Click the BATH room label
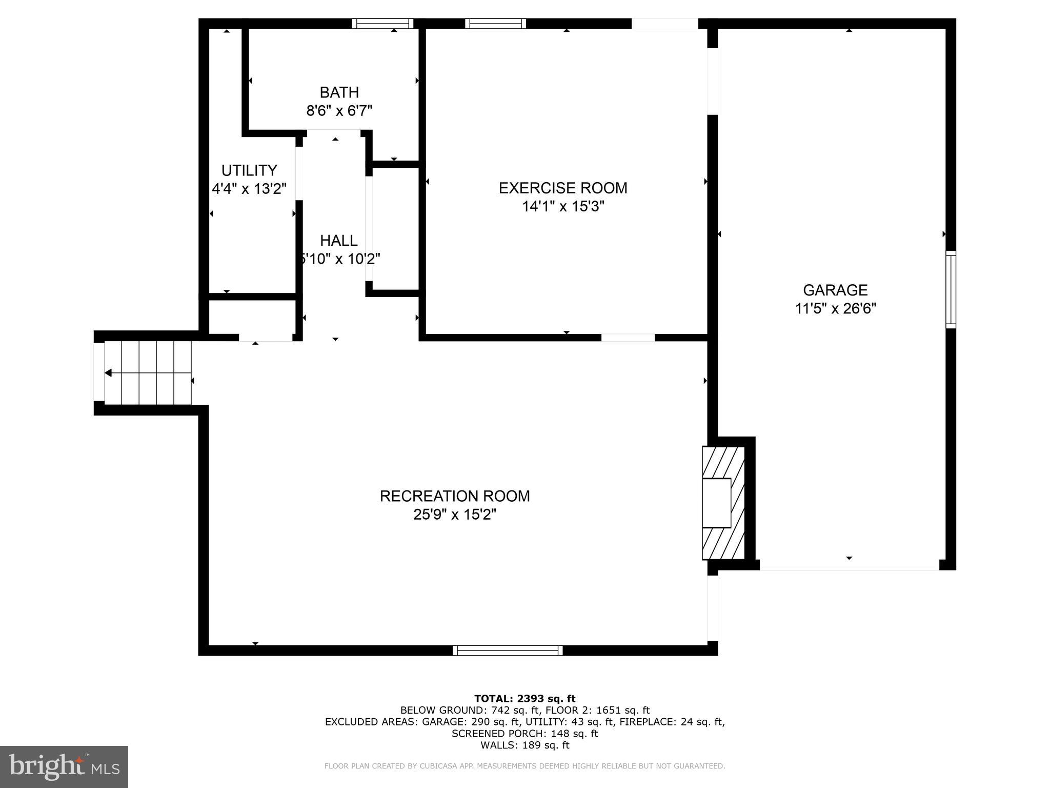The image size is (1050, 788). [x=339, y=92]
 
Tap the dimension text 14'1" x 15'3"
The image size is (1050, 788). [x=563, y=206]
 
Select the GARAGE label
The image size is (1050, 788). [x=835, y=290]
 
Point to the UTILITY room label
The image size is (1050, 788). [x=249, y=170]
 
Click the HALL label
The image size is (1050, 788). [x=339, y=241]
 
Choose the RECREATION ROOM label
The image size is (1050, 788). [x=455, y=496]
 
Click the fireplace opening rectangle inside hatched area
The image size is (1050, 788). [x=716, y=503]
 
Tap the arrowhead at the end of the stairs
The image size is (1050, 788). [x=108, y=373]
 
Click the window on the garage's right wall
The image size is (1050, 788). [x=951, y=290]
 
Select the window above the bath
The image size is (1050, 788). [x=382, y=24]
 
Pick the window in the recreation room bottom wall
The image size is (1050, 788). [x=508, y=651]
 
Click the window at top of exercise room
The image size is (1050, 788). [x=495, y=24]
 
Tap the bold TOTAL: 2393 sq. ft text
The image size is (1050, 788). [x=524, y=698]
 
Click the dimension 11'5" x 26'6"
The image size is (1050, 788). [x=835, y=309]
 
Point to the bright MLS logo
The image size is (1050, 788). [x=64, y=766]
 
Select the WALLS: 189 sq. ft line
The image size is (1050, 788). [x=524, y=745]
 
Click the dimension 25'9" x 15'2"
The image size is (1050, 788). [x=455, y=515]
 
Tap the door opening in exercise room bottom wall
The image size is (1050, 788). [x=628, y=338]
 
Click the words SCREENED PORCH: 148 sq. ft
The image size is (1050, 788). [x=524, y=734]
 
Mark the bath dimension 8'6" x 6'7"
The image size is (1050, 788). [x=339, y=111]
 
